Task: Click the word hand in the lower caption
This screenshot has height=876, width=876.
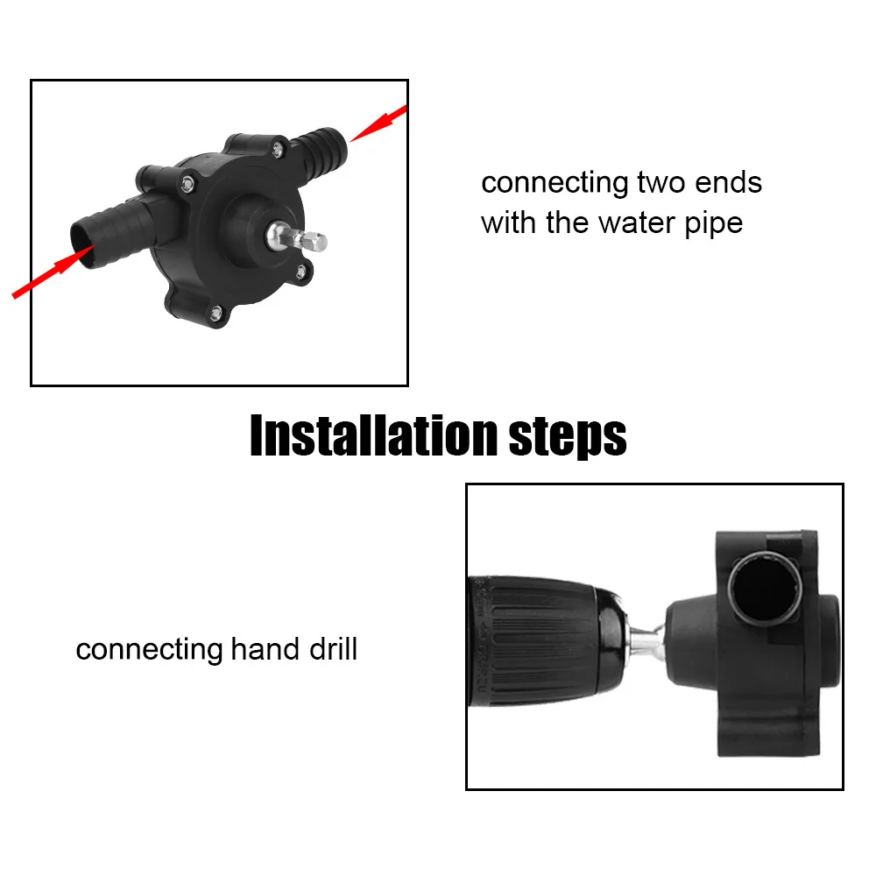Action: [260, 650]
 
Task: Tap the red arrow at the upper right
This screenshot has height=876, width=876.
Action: [378, 124]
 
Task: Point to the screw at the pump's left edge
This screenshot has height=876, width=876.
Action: [188, 182]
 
